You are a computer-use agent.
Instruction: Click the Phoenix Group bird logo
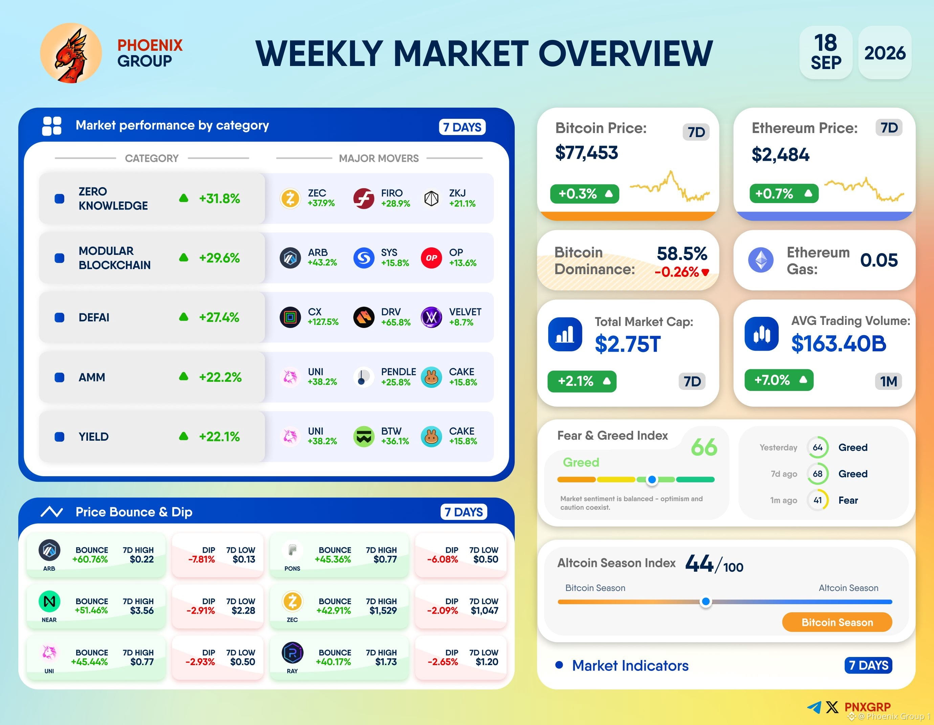pos(71,53)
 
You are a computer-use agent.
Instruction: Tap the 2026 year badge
pos(885,52)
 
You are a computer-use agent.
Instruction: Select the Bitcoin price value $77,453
pos(586,153)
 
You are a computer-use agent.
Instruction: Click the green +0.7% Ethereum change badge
pos(783,193)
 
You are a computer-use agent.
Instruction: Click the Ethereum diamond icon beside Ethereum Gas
pos(761,260)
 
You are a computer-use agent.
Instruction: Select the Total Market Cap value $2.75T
pos(627,344)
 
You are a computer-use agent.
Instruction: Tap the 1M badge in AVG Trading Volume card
pos(888,381)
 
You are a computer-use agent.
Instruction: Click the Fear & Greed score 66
pos(704,447)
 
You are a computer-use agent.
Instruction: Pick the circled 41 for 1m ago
pos(818,500)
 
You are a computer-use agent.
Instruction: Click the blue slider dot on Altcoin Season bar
pos(706,602)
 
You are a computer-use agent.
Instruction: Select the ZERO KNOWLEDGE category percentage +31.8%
pos(219,198)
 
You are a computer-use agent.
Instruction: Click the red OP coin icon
pos(431,258)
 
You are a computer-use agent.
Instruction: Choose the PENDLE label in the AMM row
pos(398,372)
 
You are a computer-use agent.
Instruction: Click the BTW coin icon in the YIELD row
pos(364,437)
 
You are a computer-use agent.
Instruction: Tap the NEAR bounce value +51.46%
pos(91,610)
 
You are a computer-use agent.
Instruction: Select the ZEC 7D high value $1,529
pos(383,610)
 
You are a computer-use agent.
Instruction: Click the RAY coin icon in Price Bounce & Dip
pos(292,653)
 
